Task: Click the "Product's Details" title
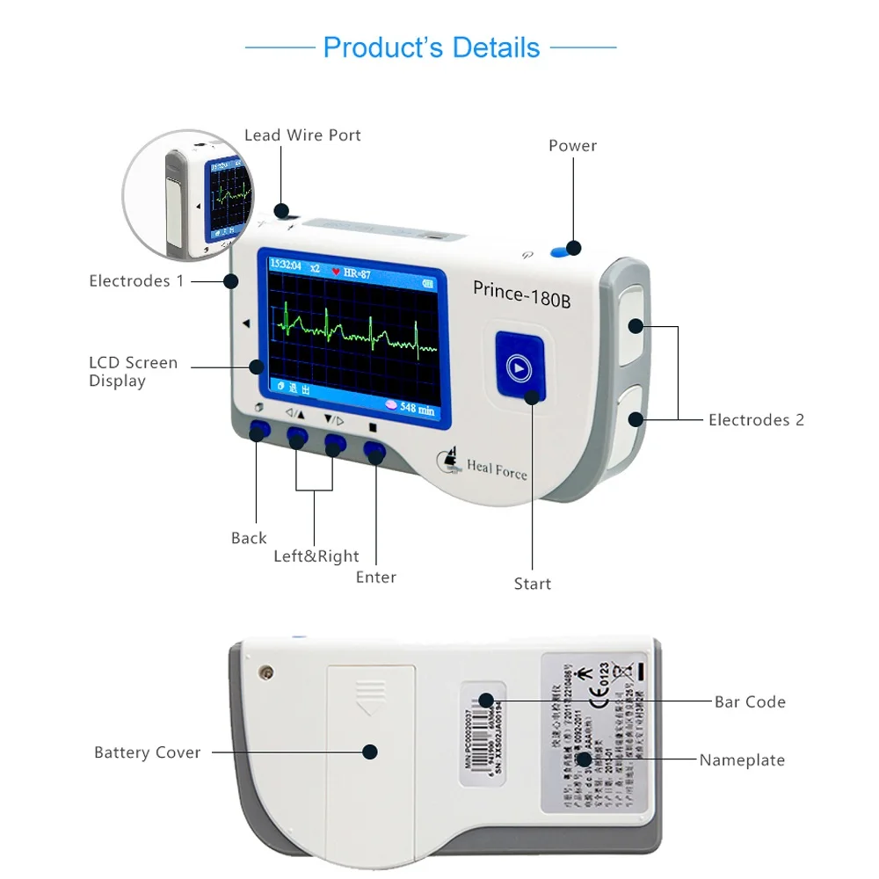pyautogui.click(x=431, y=47)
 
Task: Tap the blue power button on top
pyautogui.click(x=559, y=252)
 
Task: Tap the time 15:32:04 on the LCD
pyautogui.click(x=285, y=265)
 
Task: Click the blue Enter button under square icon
pyautogui.click(x=374, y=452)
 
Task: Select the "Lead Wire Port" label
pyautogui.click(x=302, y=135)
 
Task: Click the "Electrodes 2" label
pyautogui.click(x=756, y=420)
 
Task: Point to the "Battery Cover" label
pyautogui.click(x=148, y=752)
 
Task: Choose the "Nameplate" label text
pyautogui.click(x=742, y=760)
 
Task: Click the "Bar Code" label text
pyautogui.click(x=750, y=701)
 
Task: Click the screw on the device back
pyautogui.click(x=265, y=673)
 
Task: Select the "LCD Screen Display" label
pyautogui.click(x=133, y=372)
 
